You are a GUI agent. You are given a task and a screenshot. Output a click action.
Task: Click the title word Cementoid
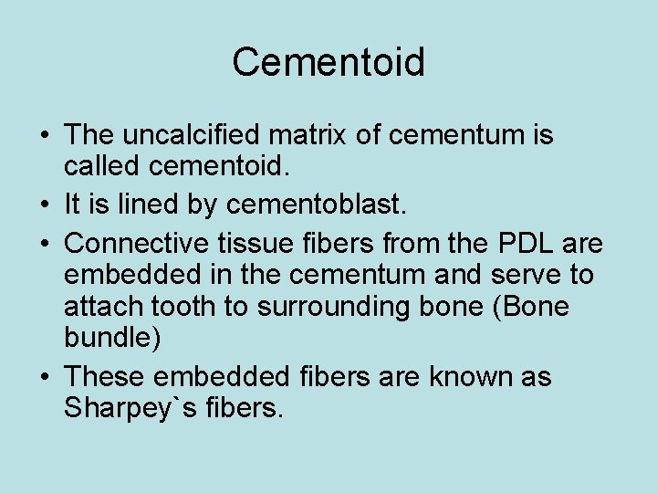328,63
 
